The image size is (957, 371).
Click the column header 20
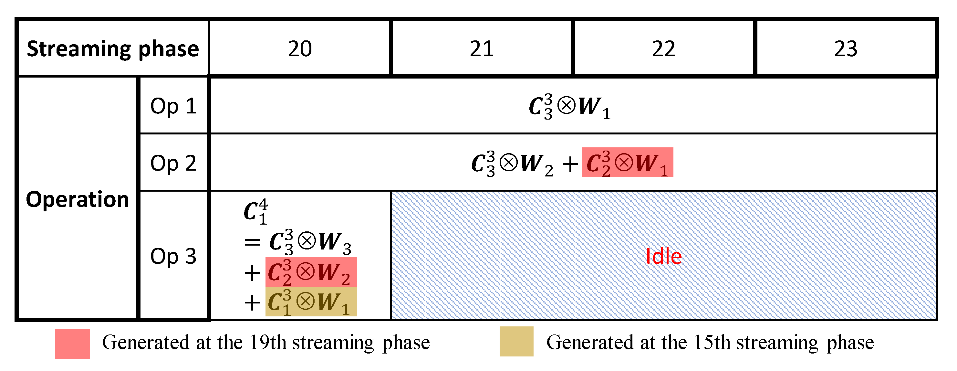[x=299, y=49]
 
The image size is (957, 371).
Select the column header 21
[x=482, y=49]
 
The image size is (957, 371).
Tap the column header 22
[x=663, y=49]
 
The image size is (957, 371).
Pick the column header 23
[x=846, y=49]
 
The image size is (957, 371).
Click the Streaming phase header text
[x=113, y=49]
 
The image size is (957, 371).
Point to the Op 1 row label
[x=173, y=106]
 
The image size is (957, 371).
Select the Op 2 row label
[x=173, y=163]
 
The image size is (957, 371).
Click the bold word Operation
[x=77, y=199]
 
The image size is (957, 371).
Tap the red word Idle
[x=663, y=256]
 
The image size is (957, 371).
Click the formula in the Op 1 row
[x=569, y=106]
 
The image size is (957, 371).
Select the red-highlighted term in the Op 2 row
[x=628, y=163]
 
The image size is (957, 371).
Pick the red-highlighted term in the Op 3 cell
[x=311, y=272]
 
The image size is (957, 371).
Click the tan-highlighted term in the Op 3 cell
[x=311, y=302]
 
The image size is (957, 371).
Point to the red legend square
[x=72, y=344]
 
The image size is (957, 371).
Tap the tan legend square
[x=516, y=341]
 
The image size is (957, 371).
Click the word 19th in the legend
[x=267, y=342]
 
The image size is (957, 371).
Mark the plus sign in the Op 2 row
[x=570, y=164]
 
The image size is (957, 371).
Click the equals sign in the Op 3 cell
[x=252, y=242]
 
